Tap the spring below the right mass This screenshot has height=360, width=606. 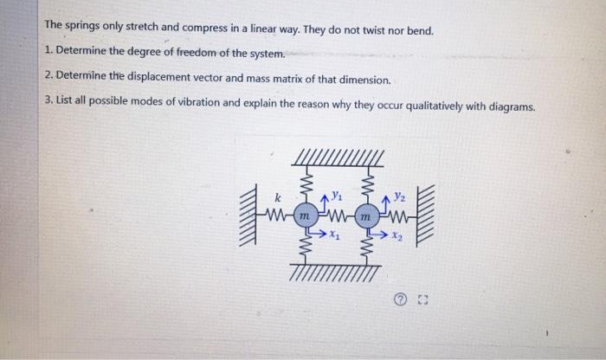[365, 244]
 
